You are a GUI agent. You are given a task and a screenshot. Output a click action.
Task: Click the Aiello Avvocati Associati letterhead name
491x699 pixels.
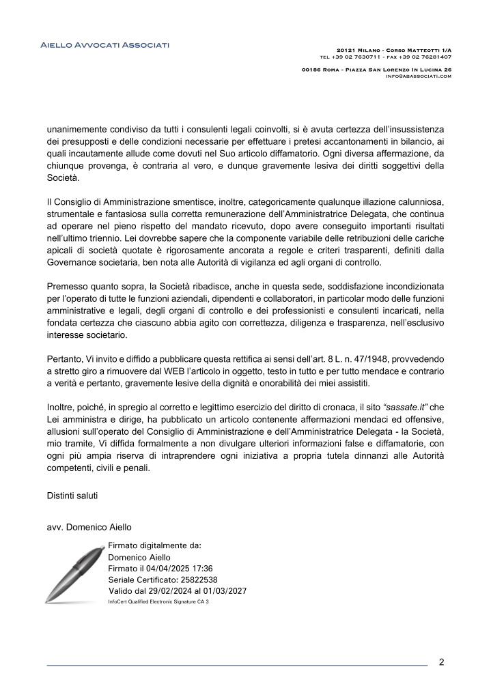pyautogui.click(x=104, y=45)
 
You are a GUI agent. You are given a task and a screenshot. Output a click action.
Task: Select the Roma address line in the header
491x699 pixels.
pyautogui.click(x=376, y=70)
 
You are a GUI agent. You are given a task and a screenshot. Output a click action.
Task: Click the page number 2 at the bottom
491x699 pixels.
pyautogui.click(x=441, y=661)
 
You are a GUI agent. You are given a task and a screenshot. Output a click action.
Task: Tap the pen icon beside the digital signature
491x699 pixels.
pyautogui.click(x=72, y=573)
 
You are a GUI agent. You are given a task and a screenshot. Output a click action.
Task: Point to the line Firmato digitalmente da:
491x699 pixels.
pyautogui.click(x=154, y=545)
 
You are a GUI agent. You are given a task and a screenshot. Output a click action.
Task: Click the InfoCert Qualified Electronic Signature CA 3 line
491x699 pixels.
pyautogui.click(x=158, y=601)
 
